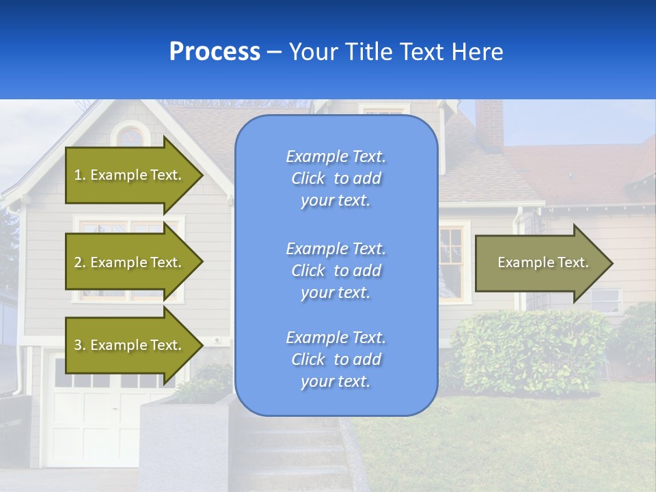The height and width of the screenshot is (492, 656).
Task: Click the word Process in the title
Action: point(215,52)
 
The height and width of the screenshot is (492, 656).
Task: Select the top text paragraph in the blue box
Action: point(336,178)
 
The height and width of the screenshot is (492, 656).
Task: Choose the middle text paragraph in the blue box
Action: point(336,271)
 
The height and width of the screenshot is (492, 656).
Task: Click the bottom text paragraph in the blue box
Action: point(336,359)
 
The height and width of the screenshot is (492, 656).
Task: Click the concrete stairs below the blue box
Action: point(301,451)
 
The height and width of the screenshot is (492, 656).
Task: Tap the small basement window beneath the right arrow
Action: point(606,300)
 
